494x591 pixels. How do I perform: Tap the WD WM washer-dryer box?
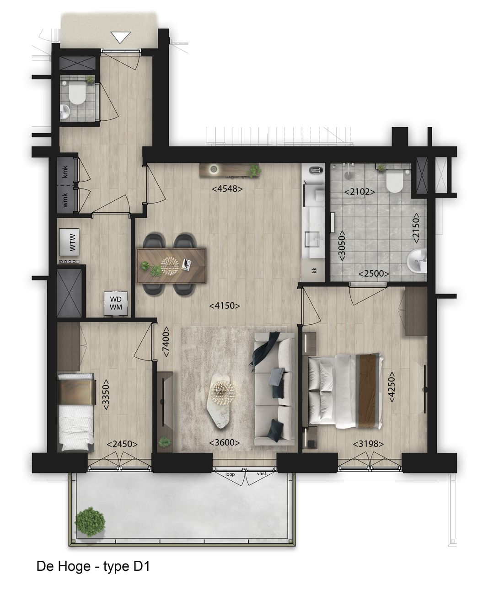[116, 303]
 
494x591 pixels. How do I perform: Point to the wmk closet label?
[65, 200]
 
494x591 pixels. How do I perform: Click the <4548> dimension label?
[226, 188]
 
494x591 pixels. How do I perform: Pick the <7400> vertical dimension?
[166, 341]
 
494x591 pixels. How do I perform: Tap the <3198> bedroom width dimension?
[368, 443]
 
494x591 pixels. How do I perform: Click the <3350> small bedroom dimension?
[106, 394]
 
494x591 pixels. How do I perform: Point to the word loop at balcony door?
[230, 474]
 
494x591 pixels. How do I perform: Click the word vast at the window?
[262, 474]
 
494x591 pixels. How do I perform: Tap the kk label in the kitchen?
[314, 270]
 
